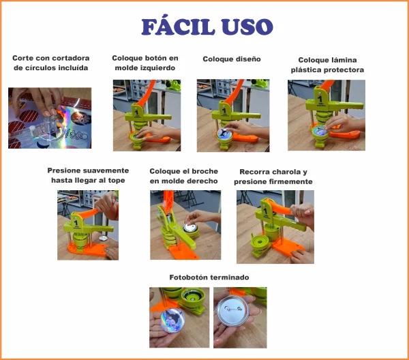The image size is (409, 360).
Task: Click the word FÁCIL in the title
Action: [x=178, y=26]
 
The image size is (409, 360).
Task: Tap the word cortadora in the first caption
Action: [x=70, y=58]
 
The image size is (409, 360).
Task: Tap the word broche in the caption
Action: [x=206, y=171]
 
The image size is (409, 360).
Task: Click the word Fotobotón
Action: [x=188, y=277]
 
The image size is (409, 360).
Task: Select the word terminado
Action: [x=229, y=277]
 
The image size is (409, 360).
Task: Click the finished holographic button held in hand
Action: [x=172, y=320]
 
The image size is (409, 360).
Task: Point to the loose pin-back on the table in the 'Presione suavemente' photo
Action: [x=104, y=238]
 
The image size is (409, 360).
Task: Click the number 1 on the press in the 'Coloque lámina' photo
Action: [x=320, y=99]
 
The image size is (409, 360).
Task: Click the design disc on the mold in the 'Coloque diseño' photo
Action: [x=224, y=133]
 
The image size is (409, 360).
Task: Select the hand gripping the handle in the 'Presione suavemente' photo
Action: [x=107, y=205]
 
